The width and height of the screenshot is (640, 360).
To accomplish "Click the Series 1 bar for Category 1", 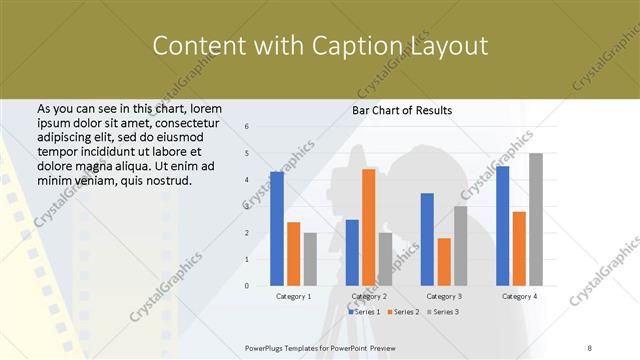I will point(277,229).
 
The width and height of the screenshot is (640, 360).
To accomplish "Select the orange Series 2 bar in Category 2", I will point(369,227).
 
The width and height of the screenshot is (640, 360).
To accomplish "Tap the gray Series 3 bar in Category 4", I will point(536,219).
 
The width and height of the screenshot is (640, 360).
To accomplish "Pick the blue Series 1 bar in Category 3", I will point(427,239).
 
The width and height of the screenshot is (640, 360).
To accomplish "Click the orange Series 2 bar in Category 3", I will point(444,262).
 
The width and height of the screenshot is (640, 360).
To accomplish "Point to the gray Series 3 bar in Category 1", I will point(310,259).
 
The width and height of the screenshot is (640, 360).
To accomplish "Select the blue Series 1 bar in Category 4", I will point(502,226).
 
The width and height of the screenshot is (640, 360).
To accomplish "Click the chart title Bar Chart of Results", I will point(403,110).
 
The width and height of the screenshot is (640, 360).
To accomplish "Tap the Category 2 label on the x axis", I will point(369,297).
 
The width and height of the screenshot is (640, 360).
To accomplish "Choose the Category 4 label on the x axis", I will point(519,297).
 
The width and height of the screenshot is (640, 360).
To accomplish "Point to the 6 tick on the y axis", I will point(247,127).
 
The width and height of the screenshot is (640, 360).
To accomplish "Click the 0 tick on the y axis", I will point(247,286).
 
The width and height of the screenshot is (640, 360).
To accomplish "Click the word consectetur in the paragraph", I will point(166,122).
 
